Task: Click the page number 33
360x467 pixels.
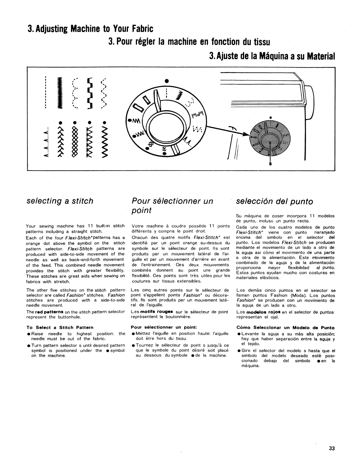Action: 332,449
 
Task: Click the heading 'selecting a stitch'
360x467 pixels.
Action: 60,201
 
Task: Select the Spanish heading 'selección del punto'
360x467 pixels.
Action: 274,202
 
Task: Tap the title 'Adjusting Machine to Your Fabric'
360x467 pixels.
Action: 91,29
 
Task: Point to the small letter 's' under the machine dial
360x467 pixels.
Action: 271,164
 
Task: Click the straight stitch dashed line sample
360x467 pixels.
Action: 46,92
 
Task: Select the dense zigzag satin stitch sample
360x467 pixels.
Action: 59,92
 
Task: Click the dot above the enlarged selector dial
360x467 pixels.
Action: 165,80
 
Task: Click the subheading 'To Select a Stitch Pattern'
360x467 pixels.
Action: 60,327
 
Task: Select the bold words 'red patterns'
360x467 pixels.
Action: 49,312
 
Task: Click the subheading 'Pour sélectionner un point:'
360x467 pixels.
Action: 164,327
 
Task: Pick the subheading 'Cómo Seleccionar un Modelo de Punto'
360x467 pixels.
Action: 285,327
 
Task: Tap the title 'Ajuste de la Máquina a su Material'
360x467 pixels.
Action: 272,56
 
